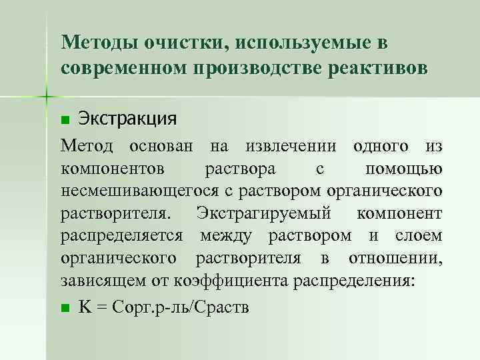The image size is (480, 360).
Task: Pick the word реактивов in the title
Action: [378, 69]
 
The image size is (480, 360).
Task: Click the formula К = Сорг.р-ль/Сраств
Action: [164, 307]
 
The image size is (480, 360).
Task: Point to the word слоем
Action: [418, 237]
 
